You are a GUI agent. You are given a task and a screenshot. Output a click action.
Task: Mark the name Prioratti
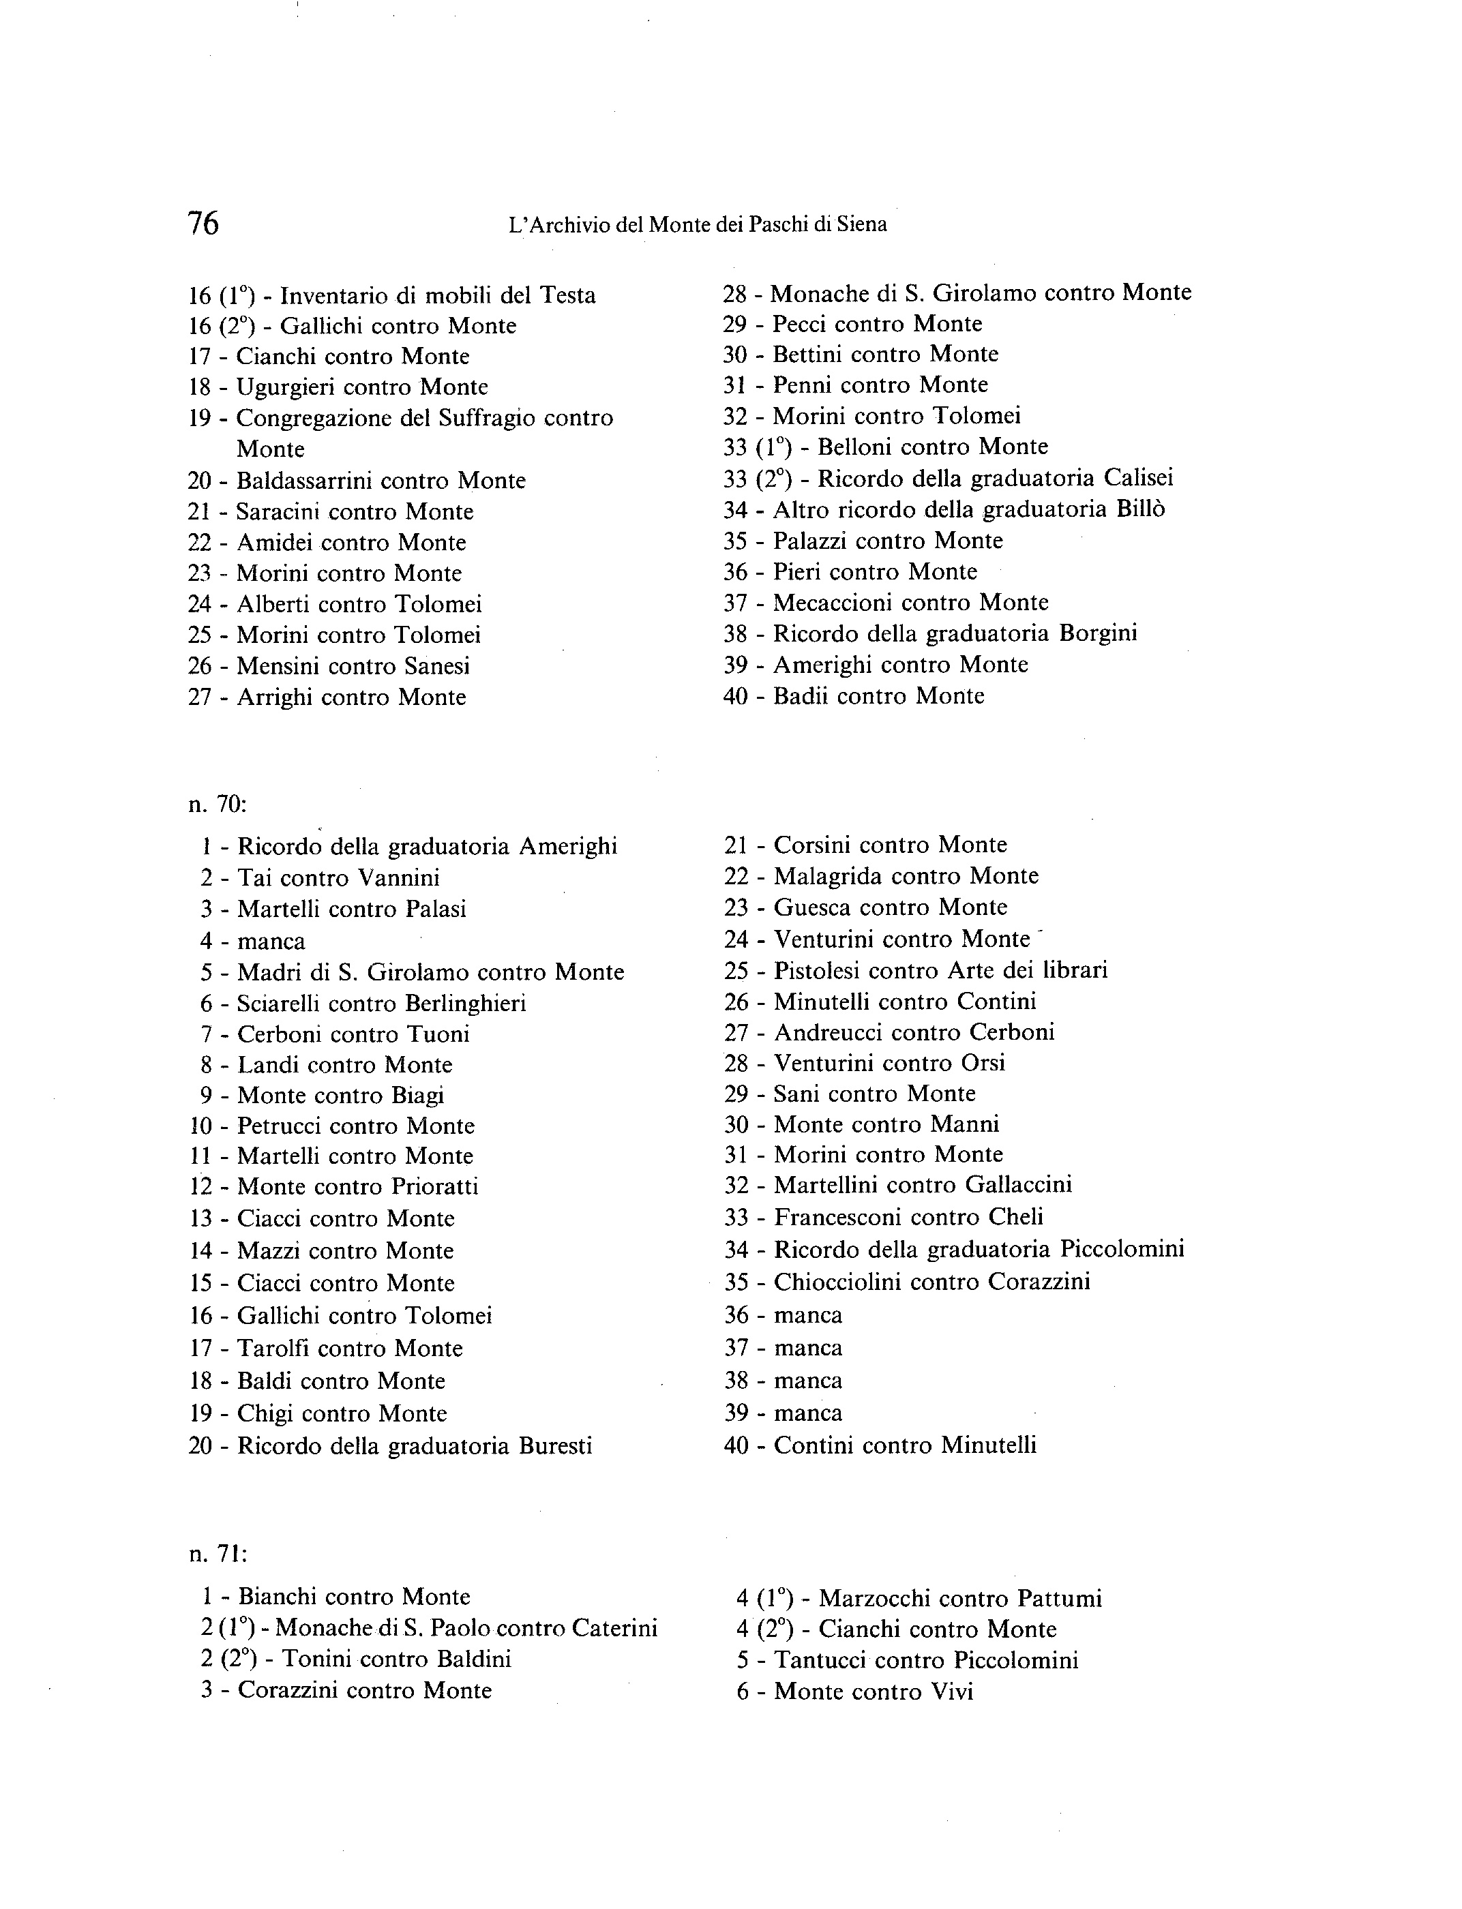point(434,1187)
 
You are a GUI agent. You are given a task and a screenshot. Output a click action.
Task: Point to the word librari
point(1075,970)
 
